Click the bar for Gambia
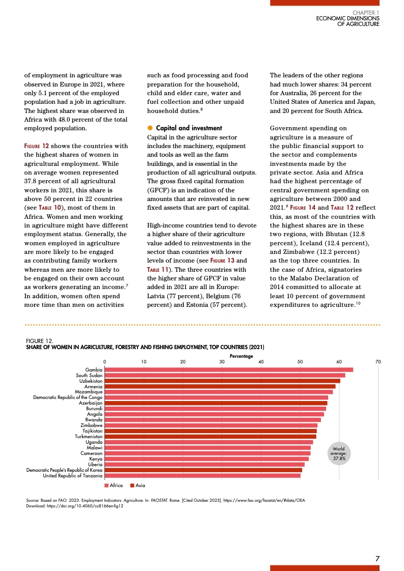[229, 369]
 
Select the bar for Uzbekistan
[222, 381]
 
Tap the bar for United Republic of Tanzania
[202, 475]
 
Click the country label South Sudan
[89, 375]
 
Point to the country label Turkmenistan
[89, 437]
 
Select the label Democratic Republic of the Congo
[68, 397]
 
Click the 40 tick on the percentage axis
[261, 361]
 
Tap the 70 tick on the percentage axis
[378, 361]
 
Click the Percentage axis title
[241, 356]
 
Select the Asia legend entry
[138, 486]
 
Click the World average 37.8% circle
[339, 453]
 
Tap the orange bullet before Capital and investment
[150, 128]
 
